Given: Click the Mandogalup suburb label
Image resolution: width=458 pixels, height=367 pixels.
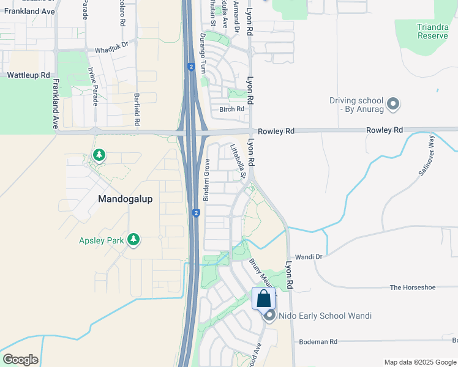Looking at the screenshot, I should (126, 199).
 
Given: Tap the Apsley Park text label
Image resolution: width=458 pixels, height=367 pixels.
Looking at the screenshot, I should (101, 240).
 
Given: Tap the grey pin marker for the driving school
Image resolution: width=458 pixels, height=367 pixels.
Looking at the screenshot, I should (393, 105).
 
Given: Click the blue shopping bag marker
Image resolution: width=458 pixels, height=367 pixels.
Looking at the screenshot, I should (264, 299).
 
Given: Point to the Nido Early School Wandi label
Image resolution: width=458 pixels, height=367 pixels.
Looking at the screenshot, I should (325, 316).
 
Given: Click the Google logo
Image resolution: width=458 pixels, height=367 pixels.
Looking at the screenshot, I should (20, 359).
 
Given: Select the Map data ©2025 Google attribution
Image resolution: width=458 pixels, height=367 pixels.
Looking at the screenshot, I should (420, 362).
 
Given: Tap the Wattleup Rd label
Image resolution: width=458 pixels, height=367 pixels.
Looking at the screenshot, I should (28, 75).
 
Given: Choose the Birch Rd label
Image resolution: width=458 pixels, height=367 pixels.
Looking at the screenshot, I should (231, 109).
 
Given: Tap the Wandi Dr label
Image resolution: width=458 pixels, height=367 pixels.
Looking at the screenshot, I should (308, 257).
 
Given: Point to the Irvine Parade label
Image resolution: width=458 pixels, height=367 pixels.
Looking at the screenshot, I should (94, 87).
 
